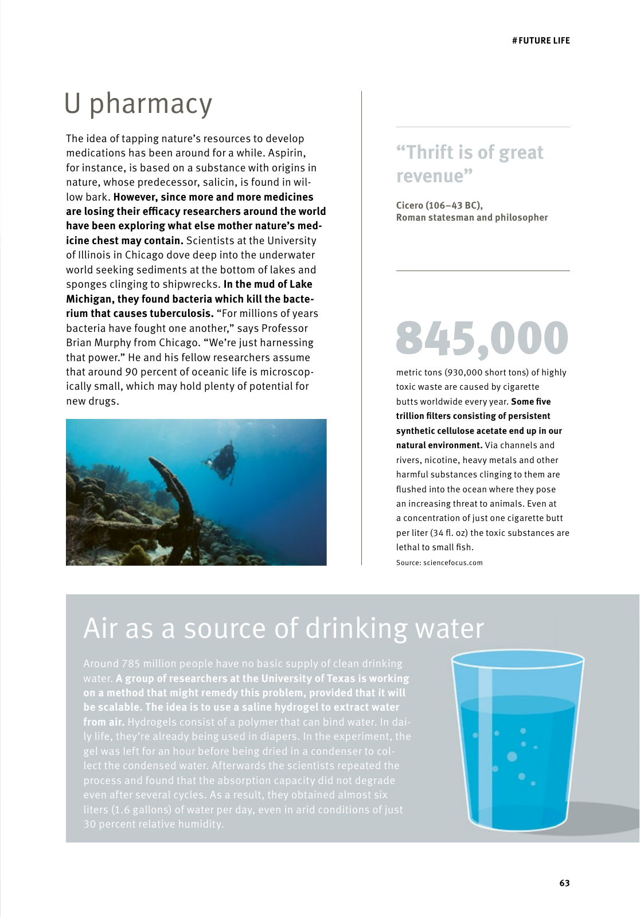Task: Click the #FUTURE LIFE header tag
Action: coord(541,41)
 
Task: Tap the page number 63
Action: coord(564,883)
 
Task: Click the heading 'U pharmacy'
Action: coord(138,104)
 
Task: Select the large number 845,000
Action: coord(482,338)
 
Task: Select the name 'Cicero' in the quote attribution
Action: coord(409,205)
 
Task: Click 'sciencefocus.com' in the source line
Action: coord(452,563)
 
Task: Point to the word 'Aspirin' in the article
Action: coord(287,153)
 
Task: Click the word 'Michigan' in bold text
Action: coord(89,299)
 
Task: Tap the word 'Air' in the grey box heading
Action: coord(100,629)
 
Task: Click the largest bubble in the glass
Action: coord(512,757)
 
